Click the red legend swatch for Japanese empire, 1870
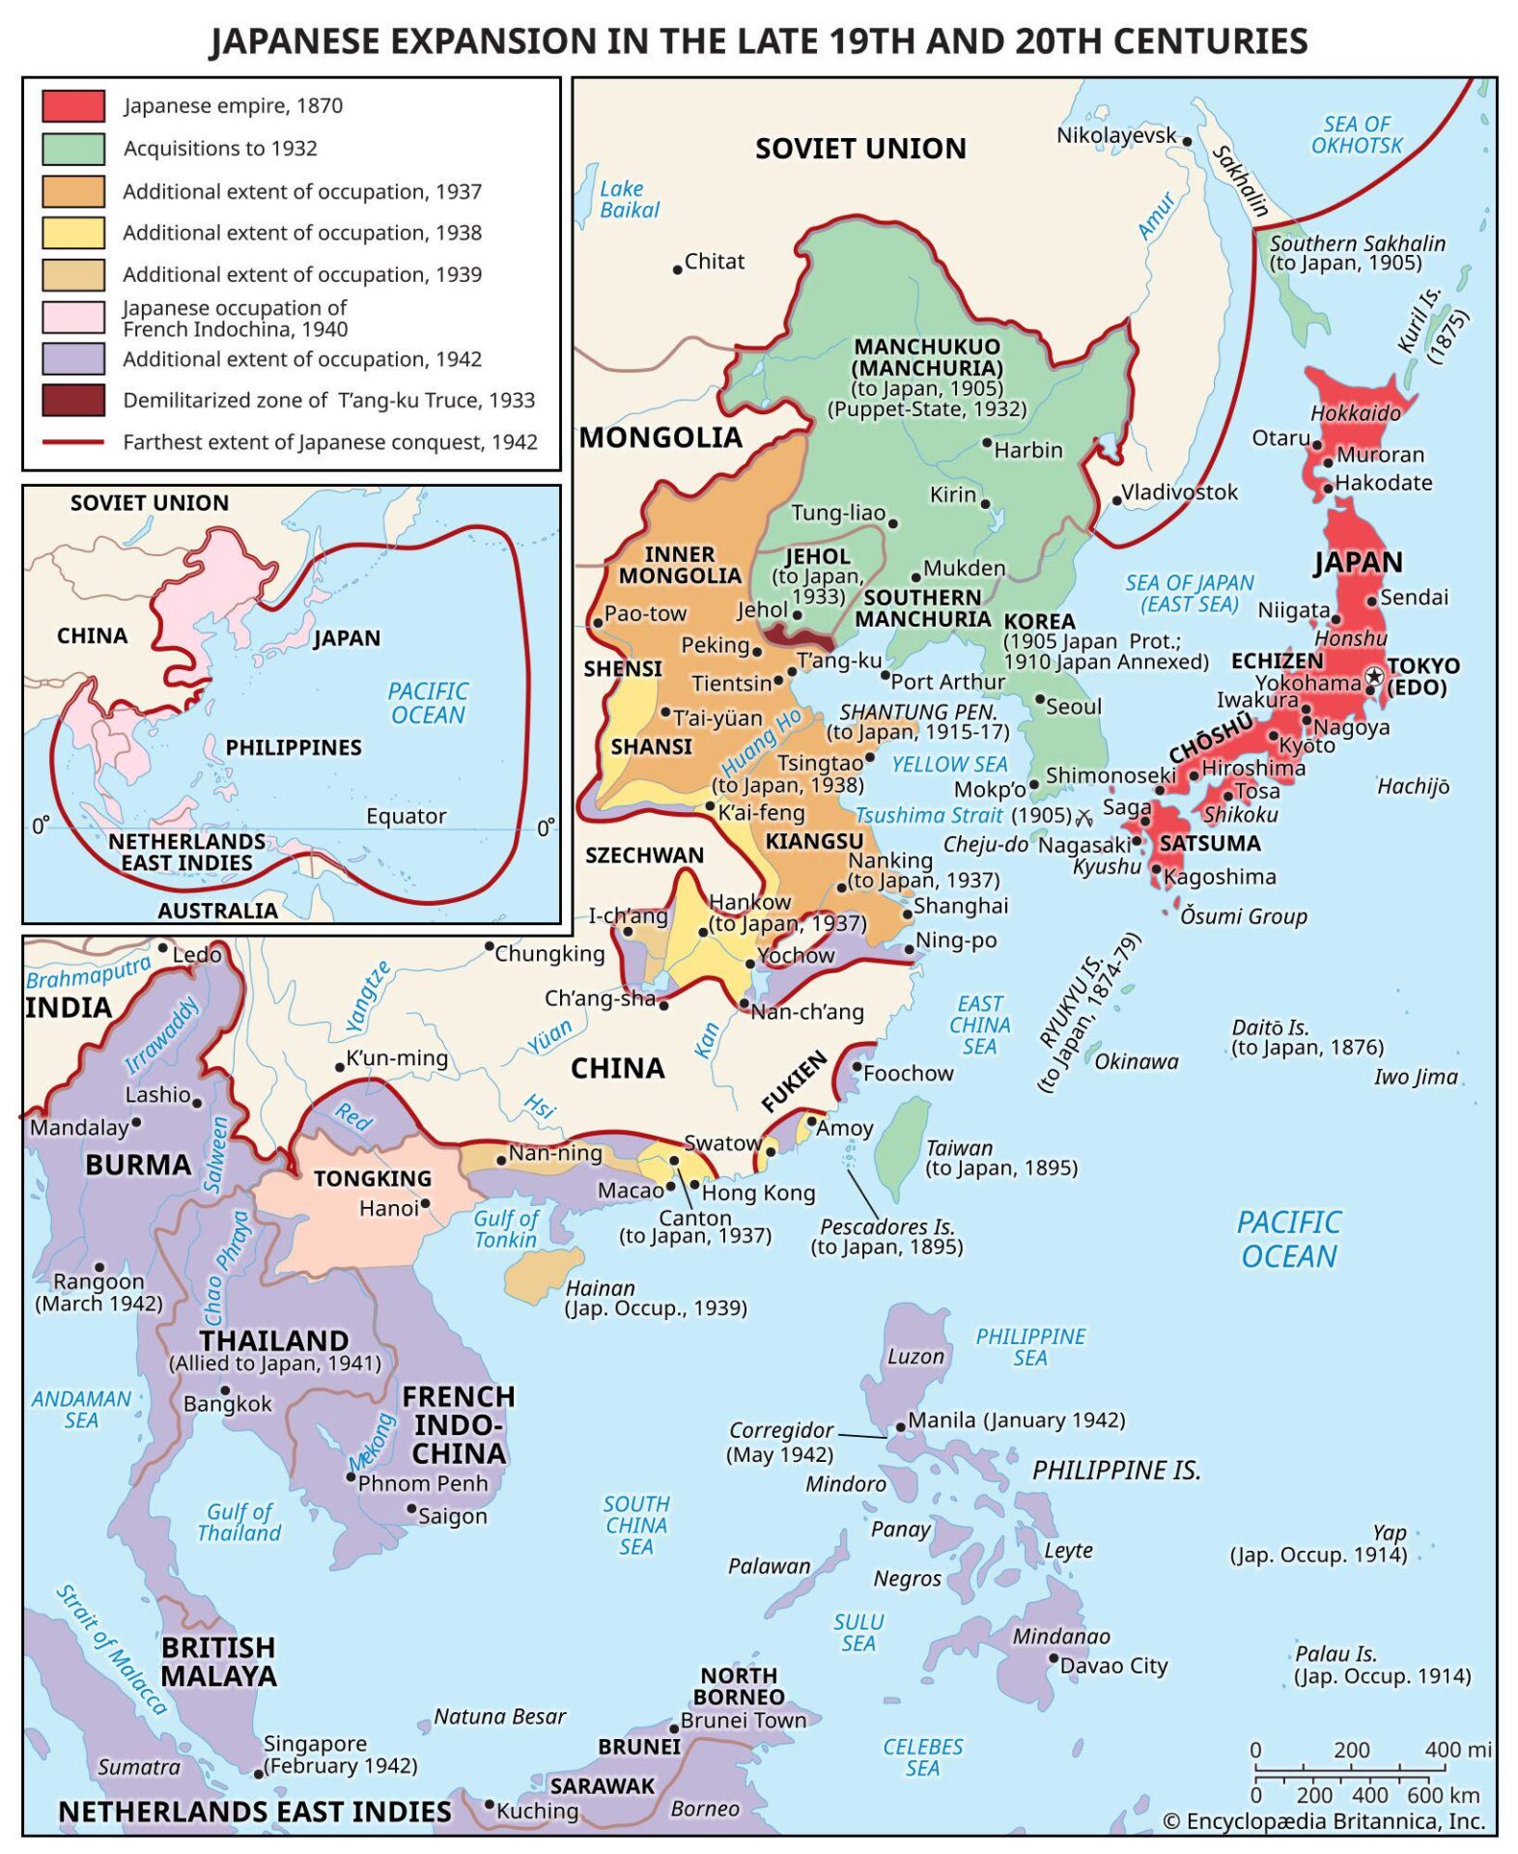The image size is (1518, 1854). [73, 105]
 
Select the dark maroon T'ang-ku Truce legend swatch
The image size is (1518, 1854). [73, 400]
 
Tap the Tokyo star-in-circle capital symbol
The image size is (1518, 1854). [1374, 675]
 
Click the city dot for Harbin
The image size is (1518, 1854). [987, 443]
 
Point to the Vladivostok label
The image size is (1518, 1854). [1179, 492]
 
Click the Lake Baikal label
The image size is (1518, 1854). [629, 199]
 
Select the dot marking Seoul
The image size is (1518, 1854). [1040, 699]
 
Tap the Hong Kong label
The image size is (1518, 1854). [758, 1193]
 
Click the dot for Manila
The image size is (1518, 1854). [900, 1425]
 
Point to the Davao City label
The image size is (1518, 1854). [1113, 1665]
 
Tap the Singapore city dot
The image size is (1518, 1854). [258, 1773]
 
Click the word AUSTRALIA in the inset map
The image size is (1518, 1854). [217, 910]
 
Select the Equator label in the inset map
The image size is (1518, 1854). [406, 816]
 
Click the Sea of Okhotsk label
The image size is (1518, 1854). [1356, 134]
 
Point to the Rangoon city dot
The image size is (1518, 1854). [98, 1267]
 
